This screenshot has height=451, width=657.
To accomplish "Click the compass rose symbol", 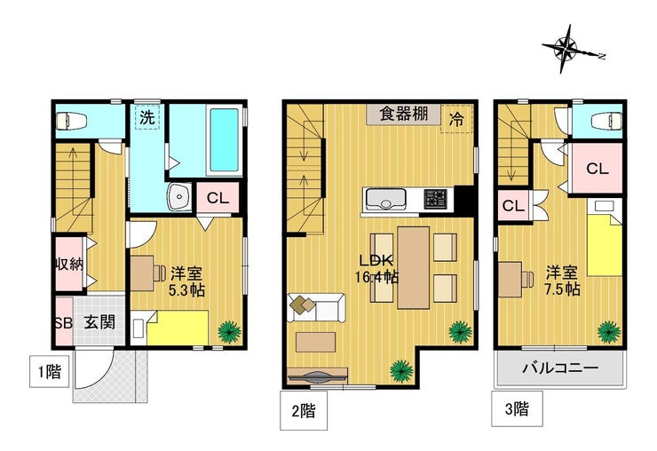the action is click(566, 49).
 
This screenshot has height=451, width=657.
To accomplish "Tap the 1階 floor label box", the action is click(50, 371).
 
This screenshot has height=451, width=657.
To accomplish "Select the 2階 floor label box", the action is click(304, 410).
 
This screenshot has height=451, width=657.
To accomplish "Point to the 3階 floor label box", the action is click(517, 408).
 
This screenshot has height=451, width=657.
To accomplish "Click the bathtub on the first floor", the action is click(224, 140).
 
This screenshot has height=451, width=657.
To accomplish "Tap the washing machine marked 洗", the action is click(147, 117).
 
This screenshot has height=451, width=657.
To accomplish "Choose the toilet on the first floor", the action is click(71, 121).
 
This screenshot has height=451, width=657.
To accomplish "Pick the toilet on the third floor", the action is click(606, 121).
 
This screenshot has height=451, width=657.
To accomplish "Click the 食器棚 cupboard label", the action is click(404, 114).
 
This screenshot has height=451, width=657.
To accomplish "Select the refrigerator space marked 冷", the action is click(456, 120).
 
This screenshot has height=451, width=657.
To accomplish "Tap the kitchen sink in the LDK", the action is click(386, 199).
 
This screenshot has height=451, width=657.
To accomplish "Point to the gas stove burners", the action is click(435, 199).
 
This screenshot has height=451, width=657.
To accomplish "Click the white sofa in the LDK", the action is click(317, 307).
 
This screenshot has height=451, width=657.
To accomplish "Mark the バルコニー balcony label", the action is click(560, 368).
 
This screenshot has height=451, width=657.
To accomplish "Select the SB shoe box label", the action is click(64, 323).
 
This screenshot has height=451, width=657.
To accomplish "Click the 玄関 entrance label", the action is click(99, 322).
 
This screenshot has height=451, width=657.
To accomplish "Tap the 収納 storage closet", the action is click(69, 265).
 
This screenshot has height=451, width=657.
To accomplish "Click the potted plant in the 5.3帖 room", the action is click(230, 332).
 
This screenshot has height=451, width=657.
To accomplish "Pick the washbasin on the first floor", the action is click(179, 196).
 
